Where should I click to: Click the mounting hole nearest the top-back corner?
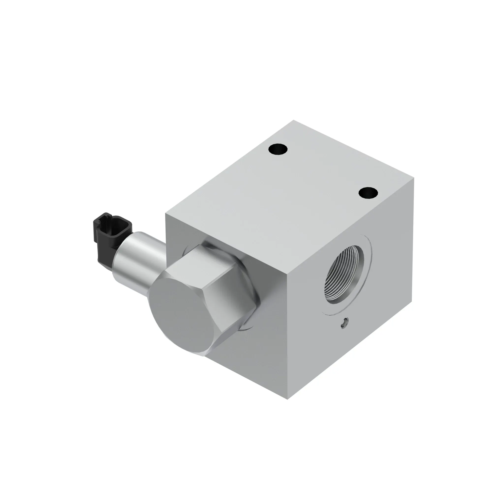278,149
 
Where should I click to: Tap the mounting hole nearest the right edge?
368,192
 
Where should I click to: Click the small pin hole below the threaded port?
345,323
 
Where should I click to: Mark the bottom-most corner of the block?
288,399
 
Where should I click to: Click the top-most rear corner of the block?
293,120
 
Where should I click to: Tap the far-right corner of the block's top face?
413,178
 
